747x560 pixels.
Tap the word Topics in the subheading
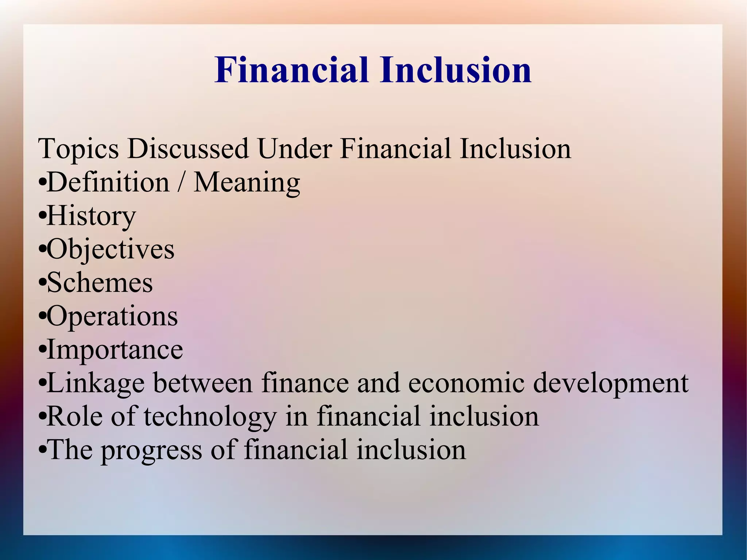click(78, 149)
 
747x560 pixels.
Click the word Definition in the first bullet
click(108, 182)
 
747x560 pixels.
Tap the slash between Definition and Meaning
click(181, 182)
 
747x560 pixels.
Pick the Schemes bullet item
click(100, 283)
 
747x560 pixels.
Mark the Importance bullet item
click(115, 349)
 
